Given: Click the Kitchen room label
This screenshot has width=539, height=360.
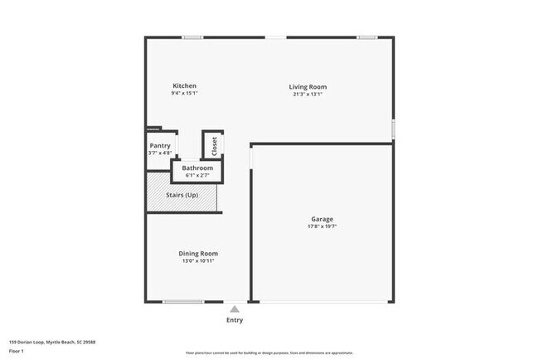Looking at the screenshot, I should (184, 86).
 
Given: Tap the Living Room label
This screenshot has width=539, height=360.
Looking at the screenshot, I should (308, 86).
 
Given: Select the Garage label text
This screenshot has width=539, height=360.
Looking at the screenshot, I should (323, 218).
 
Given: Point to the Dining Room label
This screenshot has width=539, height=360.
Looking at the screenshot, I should (198, 253).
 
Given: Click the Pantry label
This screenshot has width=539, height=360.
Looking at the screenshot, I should (160, 146).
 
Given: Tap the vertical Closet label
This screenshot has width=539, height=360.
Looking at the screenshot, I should (214, 146).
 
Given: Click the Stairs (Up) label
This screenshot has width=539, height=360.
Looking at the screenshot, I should (182, 195).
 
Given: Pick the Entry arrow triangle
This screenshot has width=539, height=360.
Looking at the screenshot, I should (235, 309).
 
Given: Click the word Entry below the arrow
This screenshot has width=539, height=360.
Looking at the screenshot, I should (235, 320).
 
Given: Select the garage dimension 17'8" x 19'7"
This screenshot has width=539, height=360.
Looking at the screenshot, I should (323, 226).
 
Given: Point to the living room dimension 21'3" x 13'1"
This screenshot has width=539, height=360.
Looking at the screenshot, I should (308, 94).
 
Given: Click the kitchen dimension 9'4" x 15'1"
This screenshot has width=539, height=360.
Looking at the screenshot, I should (184, 94).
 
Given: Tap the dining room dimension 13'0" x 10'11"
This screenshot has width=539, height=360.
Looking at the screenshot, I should (198, 260).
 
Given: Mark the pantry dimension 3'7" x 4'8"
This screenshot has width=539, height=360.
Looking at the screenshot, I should (160, 153).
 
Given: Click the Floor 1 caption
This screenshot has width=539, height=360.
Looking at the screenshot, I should (17, 351).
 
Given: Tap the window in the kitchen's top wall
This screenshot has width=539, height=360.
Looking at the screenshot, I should (192, 36).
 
